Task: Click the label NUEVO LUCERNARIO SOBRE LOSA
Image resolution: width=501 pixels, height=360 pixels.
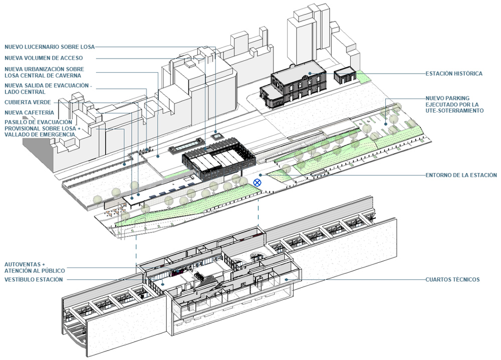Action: [49, 47]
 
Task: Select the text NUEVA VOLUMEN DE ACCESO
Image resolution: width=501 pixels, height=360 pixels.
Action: [44, 58]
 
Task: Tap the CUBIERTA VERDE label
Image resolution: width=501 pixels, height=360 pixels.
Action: [28, 102]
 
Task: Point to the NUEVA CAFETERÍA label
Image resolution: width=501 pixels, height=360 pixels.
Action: [30, 112]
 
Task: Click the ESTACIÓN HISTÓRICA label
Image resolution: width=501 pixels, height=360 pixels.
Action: [454, 74]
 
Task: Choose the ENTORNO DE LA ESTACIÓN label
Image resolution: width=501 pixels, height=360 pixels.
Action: [461, 175]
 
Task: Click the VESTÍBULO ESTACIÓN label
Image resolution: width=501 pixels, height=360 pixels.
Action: [34, 279]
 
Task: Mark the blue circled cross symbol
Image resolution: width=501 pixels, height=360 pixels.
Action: [258, 183]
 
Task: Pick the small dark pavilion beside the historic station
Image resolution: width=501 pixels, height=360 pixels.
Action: [345, 76]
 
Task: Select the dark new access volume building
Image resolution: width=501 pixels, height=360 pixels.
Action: [219, 161]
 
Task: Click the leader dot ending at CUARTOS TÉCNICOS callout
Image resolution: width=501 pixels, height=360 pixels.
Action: [286, 279]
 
